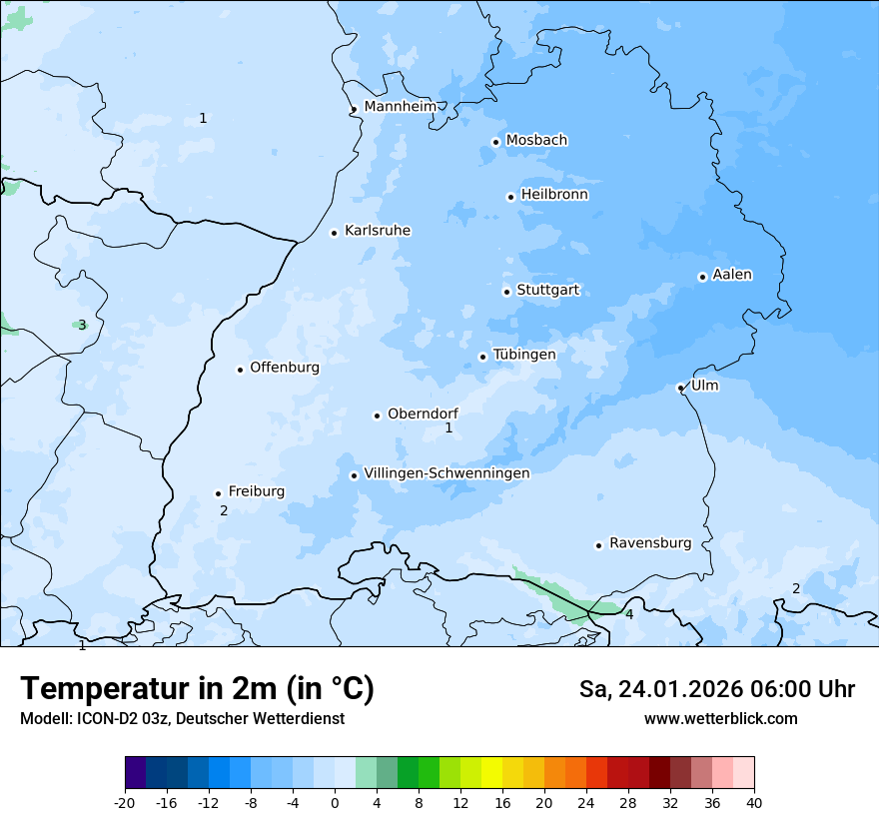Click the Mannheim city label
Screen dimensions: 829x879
click(400, 106)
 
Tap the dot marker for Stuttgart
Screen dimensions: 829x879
click(506, 292)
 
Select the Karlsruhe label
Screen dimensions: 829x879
click(378, 231)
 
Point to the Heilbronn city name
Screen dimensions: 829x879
click(554, 195)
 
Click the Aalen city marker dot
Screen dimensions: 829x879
click(702, 277)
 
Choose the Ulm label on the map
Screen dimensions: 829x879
click(704, 386)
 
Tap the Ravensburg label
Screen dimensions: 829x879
click(650, 543)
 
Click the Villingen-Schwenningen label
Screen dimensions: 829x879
click(446, 473)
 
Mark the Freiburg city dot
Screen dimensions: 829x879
click(218, 493)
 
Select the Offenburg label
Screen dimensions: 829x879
click(285, 368)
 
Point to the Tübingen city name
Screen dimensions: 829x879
click(524, 355)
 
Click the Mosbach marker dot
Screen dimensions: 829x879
click(495, 142)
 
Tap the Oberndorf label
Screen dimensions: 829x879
click(423, 414)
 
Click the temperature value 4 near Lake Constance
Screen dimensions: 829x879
click(629, 614)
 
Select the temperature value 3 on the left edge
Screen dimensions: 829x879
click(82, 325)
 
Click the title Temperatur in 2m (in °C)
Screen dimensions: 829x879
click(197, 689)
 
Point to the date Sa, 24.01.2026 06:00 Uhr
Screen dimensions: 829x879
click(716, 689)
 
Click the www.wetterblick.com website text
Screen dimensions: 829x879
click(720, 718)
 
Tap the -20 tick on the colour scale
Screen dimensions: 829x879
click(125, 802)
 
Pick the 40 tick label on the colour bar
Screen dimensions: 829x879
click(754, 802)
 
